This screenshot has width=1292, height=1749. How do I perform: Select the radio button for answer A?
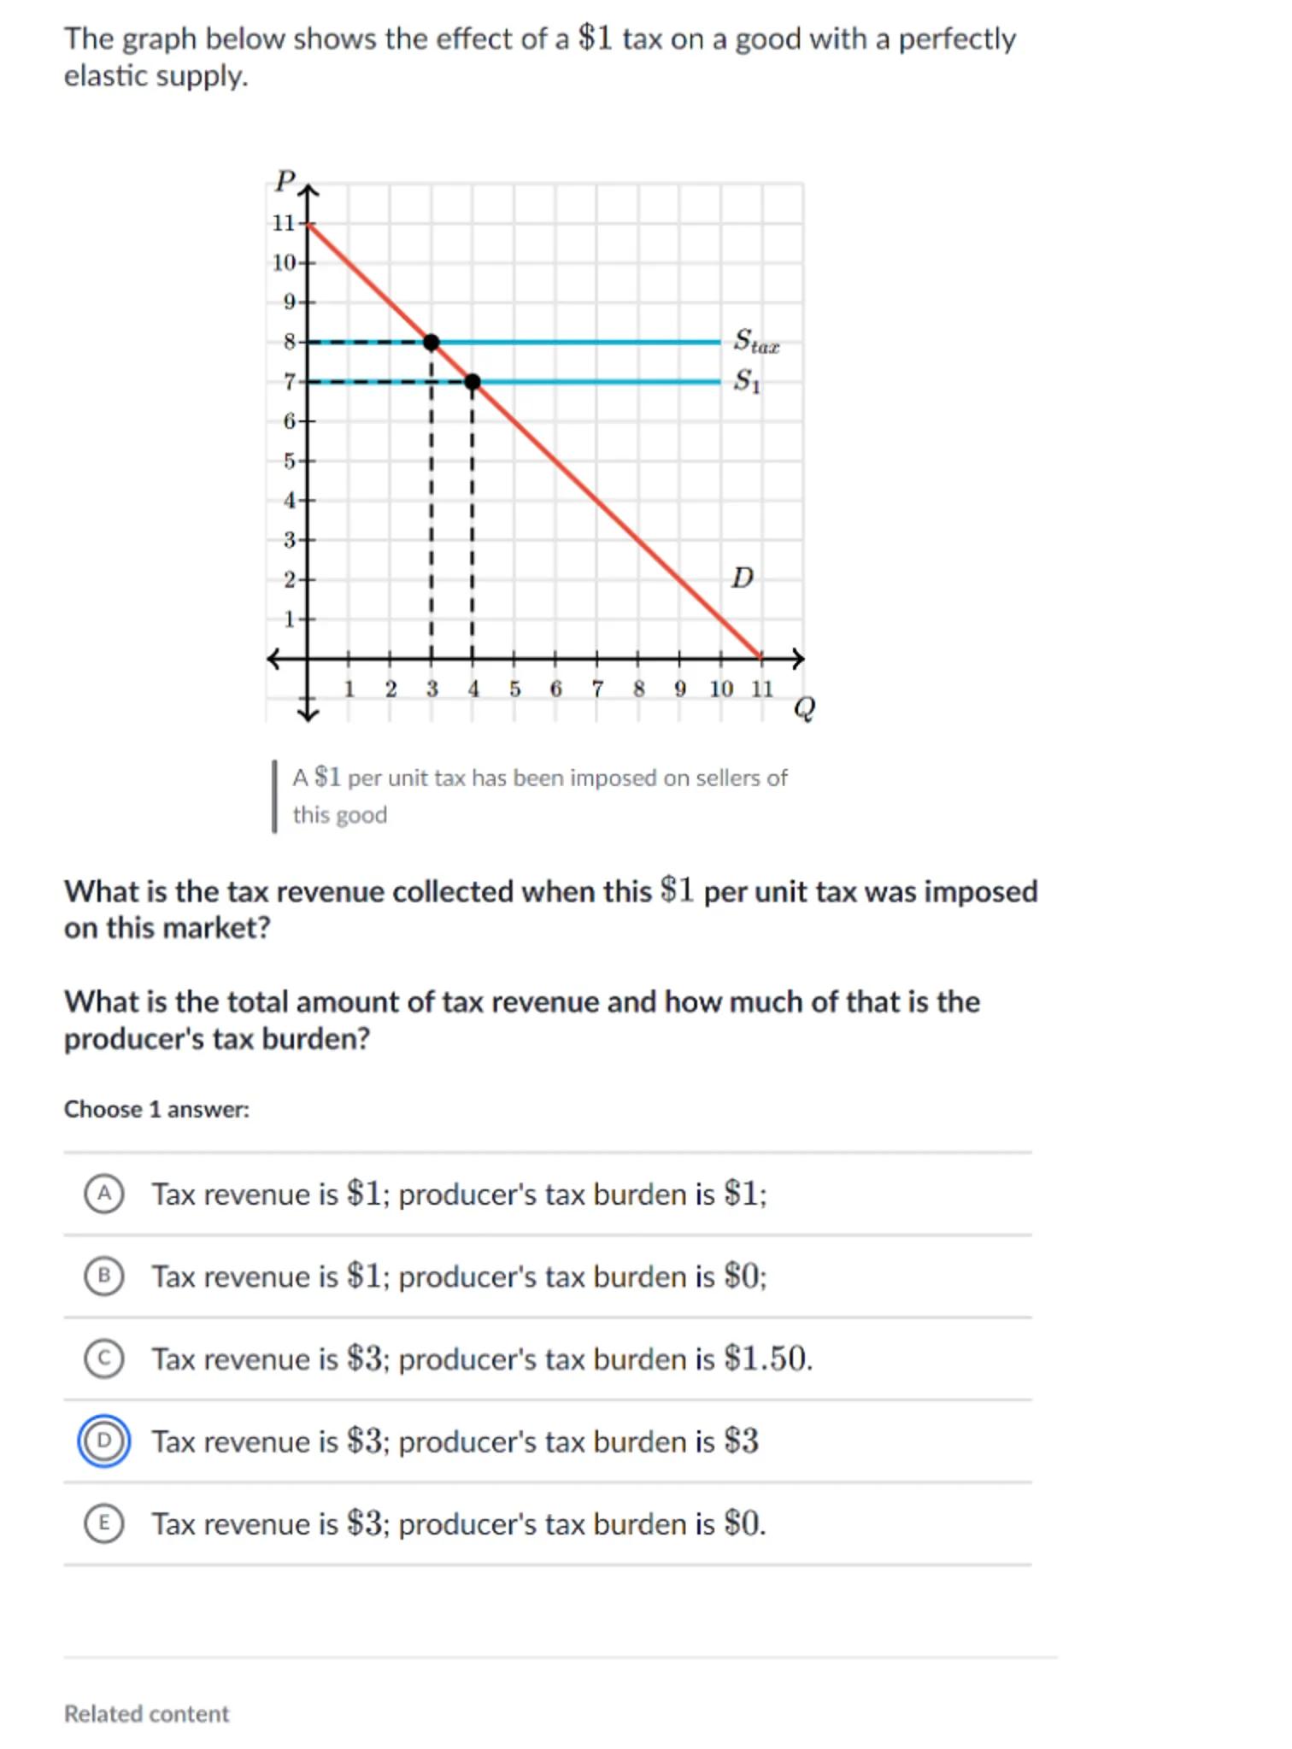103,1193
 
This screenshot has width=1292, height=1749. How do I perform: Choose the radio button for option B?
103,1276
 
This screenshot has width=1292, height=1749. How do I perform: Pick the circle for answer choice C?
103,1359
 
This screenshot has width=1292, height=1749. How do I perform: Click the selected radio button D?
103,1441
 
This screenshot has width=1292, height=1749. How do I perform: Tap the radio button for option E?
103,1523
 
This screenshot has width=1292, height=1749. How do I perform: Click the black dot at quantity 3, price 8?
432,342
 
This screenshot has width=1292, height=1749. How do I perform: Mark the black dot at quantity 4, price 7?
473,381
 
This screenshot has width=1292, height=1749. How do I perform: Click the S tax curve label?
755,341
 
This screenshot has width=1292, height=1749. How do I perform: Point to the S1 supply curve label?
746,380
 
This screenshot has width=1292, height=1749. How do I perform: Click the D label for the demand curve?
742,578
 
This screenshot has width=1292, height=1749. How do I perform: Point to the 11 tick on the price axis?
283,223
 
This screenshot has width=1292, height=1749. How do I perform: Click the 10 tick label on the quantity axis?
720,689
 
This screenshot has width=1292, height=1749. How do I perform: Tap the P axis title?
285,180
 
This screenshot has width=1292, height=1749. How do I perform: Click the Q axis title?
804,707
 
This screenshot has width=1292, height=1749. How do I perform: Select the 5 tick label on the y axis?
289,461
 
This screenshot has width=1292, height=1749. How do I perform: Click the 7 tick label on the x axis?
597,689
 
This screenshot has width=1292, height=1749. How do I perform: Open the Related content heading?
146,1713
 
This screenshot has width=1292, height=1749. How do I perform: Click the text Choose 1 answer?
156,1109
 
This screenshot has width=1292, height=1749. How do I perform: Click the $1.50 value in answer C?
766,1359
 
